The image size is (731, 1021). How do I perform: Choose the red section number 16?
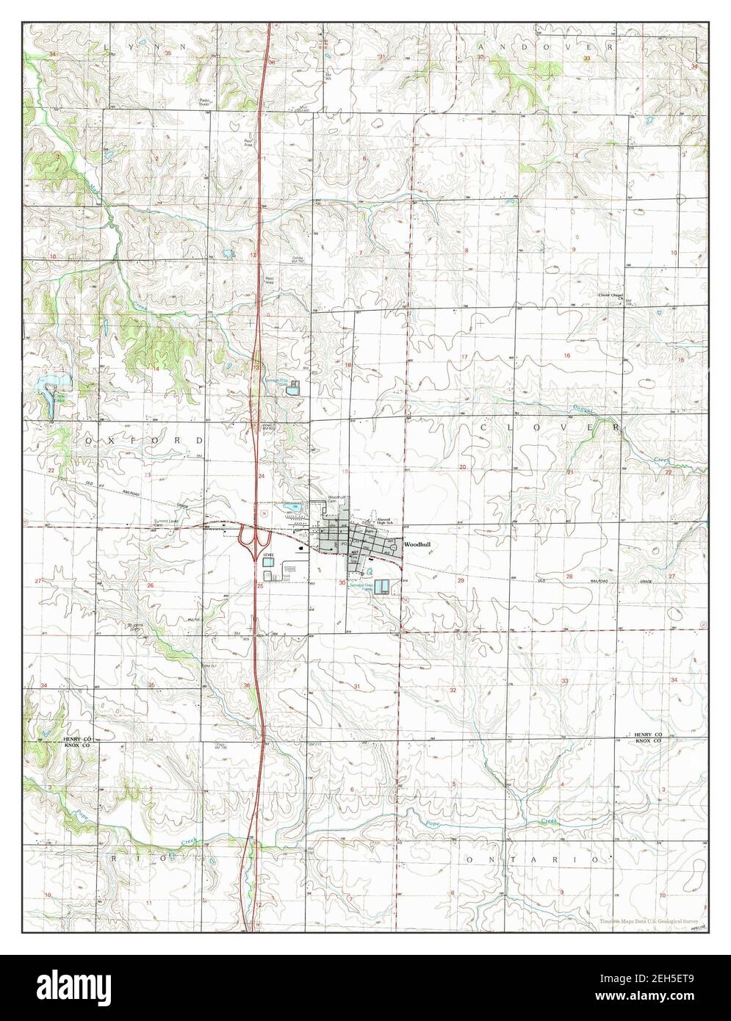[566, 356]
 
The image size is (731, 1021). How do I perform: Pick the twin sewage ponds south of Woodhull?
[381, 588]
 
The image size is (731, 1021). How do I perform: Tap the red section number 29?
[461, 580]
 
